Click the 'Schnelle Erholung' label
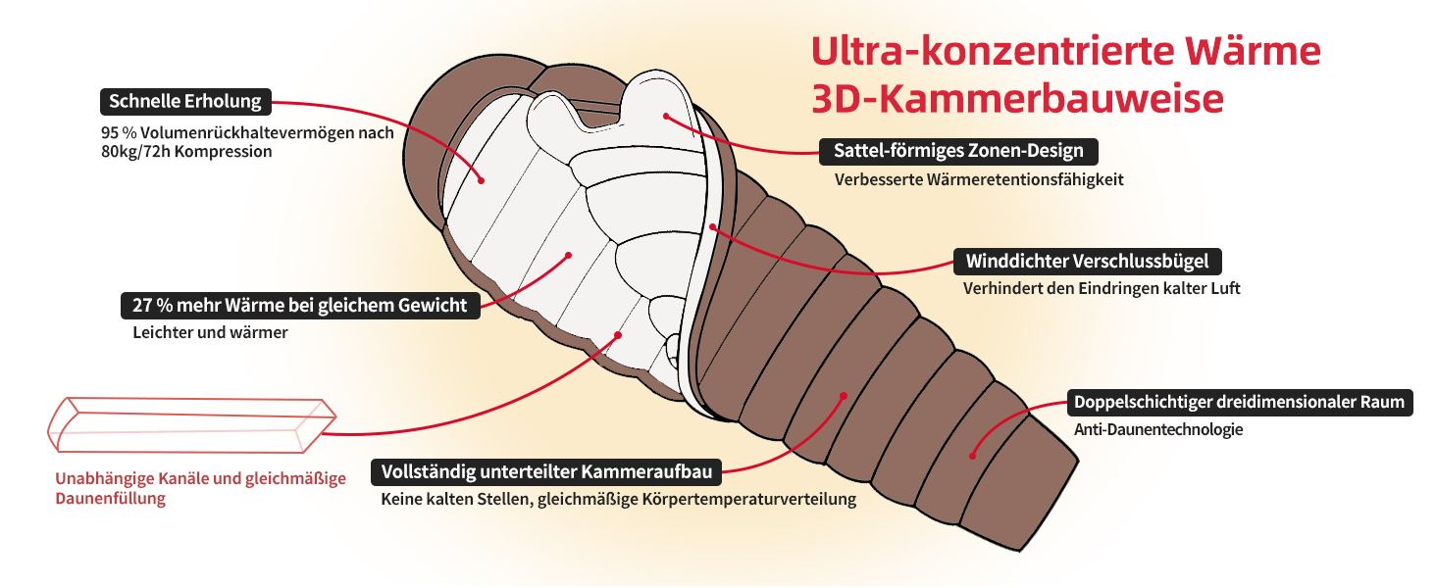(185, 102)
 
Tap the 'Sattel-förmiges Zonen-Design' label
(958, 151)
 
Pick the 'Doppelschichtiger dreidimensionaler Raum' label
(1239, 402)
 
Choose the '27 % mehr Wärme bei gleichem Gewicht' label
(300, 305)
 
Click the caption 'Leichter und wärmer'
(210, 332)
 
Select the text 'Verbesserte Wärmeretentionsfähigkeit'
(979, 179)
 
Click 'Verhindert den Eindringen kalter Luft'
(1102, 289)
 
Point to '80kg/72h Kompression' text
(186, 152)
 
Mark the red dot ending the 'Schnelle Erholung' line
(482, 180)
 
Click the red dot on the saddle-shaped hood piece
(665, 116)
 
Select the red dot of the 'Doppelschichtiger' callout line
(972, 455)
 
